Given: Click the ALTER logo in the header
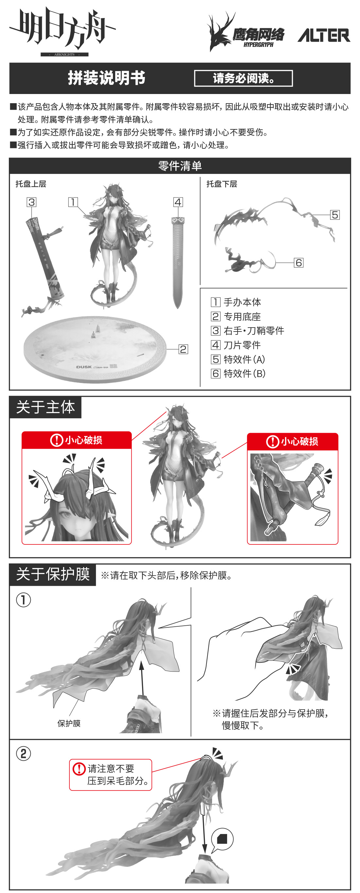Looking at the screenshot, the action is [x=324, y=35].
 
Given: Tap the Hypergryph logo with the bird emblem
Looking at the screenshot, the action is [x=246, y=32].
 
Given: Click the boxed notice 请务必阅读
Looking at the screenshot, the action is [x=243, y=78].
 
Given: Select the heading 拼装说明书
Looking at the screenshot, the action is [x=106, y=78].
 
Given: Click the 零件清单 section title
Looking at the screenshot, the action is [x=180, y=166].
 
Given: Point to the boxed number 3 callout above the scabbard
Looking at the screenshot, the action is [x=31, y=202].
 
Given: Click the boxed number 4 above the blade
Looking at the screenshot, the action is [x=178, y=202].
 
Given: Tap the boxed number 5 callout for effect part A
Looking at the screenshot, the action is [x=335, y=215].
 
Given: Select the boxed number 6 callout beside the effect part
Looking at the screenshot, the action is [x=299, y=263].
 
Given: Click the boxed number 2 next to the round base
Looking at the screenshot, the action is [x=183, y=349].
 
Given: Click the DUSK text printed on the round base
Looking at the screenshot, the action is [x=84, y=367].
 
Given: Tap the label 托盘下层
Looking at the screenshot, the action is [x=222, y=184].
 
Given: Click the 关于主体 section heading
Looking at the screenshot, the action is [x=45, y=407].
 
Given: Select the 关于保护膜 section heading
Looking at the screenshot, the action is [x=53, y=574].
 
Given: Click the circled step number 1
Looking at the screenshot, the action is [x=24, y=600].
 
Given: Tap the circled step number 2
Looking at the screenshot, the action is [x=24, y=754].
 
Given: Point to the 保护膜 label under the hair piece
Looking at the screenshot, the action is [x=69, y=724].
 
